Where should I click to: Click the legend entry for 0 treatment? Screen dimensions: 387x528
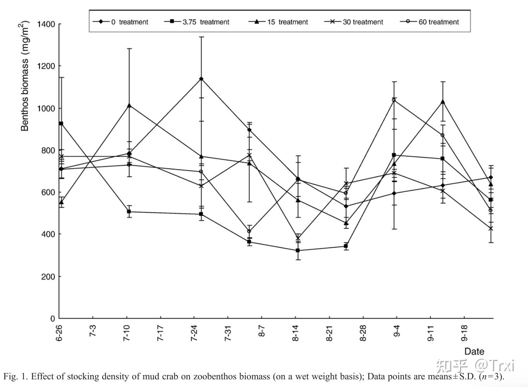(120, 22)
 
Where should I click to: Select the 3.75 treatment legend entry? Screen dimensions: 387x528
(197, 22)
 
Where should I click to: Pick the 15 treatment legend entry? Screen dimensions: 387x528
(279, 22)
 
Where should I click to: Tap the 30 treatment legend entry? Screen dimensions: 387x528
(354, 22)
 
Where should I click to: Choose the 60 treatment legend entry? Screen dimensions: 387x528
(430, 22)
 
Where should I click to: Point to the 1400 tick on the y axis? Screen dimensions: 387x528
(46, 24)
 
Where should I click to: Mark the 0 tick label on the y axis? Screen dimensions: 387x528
(53, 319)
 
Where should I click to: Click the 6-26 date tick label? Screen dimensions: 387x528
(59, 333)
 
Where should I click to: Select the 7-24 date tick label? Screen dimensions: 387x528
(194, 333)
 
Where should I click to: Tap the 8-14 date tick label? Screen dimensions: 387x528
(296, 333)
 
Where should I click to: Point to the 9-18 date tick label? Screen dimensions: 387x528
(464, 333)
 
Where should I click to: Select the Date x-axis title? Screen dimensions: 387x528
(474, 351)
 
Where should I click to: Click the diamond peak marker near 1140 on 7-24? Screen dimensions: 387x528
(201, 79)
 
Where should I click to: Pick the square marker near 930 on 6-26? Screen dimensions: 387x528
(61, 123)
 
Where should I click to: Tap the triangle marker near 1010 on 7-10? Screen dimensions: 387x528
(129, 105)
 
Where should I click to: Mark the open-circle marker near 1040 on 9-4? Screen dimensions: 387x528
(394, 100)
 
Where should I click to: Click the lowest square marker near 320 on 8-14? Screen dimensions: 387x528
(297, 250)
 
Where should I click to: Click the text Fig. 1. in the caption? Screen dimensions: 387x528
(15, 377)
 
